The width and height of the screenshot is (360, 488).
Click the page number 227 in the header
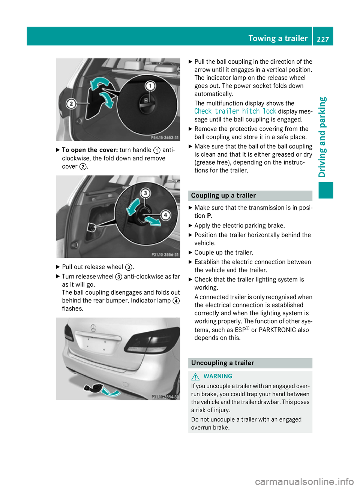[x=323, y=39]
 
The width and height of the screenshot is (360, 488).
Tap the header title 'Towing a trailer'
[x=278, y=38]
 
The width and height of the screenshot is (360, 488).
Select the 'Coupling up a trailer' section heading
[x=223, y=196]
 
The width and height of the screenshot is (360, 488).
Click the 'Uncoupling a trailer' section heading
[x=223, y=363]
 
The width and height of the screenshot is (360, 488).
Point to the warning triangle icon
[x=195, y=376]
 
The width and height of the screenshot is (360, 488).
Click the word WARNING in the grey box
[x=218, y=376]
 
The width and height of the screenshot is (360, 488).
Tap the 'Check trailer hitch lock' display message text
[x=235, y=111]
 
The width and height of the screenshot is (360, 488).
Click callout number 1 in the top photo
[x=150, y=86]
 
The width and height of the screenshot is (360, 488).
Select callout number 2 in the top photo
[x=71, y=103]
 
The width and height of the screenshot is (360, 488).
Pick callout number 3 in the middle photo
[x=145, y=193]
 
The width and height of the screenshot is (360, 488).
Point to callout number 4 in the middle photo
[x=165, y=215]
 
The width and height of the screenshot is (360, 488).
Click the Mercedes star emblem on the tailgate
[x=93, y=328]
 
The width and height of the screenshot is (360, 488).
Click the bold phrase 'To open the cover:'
[x=90, y=150]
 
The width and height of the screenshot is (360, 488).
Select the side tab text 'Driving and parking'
[x=322, y=137]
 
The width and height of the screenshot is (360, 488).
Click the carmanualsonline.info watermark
[x=304, y=482]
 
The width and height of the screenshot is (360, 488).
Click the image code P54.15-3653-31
[x=165, y=138]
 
